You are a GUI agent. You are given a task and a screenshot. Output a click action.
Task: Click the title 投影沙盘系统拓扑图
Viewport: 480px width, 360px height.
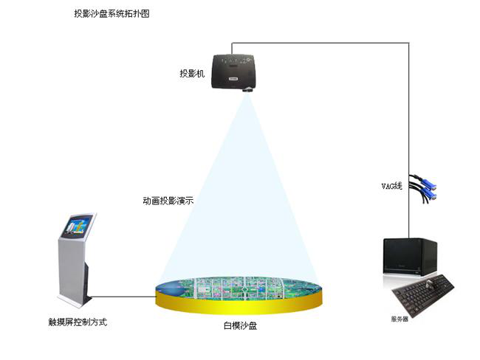pyautogui.click(x=112, y=14)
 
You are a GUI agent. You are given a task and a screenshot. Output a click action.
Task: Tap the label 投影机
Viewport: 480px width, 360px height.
pyautogui.click(x=191, y=74)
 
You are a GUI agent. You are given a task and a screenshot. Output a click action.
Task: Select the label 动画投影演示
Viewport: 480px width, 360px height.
pyautogui.click(x=168, y=200)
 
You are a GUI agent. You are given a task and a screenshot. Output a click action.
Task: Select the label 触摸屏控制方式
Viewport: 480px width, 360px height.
pyautogui.click(x=78, y=322)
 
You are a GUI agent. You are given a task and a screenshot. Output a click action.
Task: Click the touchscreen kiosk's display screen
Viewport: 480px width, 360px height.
pyautogui.click(x=80, y=226)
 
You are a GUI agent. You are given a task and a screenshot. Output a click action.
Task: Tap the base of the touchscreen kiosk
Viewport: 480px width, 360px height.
pyautogui.click(x=76, y=303)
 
